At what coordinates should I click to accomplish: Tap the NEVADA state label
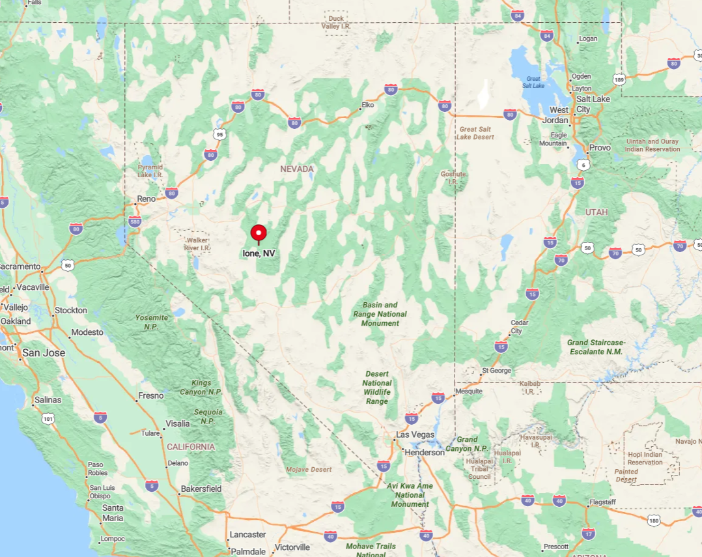tap(297, 169)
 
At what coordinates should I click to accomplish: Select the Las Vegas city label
tap(415, 435)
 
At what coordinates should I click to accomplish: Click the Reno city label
tap(146, 199)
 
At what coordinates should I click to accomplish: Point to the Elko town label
tap(369, 105)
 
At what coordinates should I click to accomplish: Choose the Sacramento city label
tap(20, 267)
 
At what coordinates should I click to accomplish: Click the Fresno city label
tap(150, 396)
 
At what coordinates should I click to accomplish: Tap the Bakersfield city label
tap(201, 489)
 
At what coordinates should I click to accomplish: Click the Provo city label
tap(600, 148)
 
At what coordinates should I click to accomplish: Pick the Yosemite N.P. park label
tap(151, 322)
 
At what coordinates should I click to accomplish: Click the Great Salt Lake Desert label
tap(475, 133)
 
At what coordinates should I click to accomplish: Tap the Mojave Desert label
tap(309, 469)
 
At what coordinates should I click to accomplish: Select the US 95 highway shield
tap(219, 134)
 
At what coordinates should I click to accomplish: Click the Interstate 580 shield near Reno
tap(135, 221)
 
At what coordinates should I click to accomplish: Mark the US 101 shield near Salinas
tap(48, 418)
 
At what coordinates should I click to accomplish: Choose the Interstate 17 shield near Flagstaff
tap(589, 533)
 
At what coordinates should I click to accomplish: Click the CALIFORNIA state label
tap(191, 447)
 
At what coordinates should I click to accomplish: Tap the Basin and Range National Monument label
tap(380, 314)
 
